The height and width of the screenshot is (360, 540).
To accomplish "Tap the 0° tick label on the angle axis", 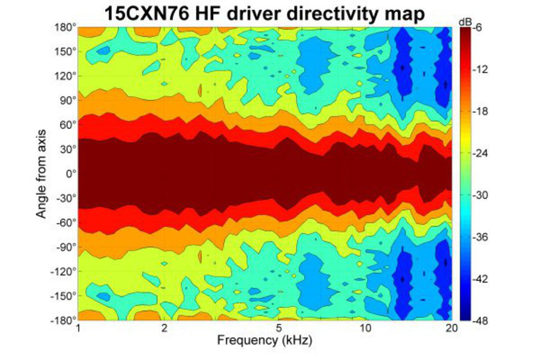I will click(71, 174).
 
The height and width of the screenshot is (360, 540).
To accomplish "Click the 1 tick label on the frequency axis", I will click(79, 329).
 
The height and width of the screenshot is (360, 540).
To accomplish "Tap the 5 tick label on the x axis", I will click(279, 329).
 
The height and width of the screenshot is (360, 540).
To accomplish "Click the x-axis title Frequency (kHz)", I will click(265, 341).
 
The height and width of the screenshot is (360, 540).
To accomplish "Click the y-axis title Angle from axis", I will click(41, 173).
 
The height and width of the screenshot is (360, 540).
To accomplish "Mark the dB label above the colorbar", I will click(465, 22).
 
